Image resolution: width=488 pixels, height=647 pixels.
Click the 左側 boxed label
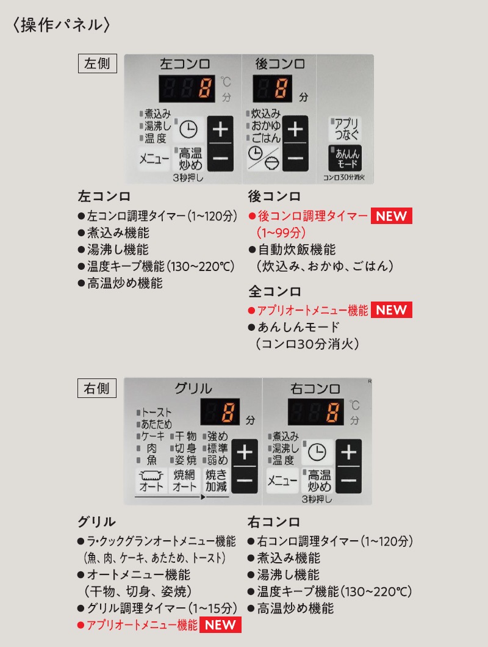[98, 63]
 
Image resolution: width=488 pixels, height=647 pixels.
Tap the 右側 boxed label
[97, 388]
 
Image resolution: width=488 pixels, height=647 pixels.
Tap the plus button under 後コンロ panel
[295, 129]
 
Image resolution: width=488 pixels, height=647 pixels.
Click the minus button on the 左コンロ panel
[220, 157]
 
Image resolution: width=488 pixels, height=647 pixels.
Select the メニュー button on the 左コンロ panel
[154, 159]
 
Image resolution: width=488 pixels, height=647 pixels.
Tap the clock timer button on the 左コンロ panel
[188, 130]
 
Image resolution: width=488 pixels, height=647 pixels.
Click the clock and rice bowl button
[264, 157]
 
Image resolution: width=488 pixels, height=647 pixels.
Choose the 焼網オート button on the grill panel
[184, 480]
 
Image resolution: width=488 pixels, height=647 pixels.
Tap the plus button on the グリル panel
[245, 453]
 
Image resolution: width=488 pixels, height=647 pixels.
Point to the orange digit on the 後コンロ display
[282, 89]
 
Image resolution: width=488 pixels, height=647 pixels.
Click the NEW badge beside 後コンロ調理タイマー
[391, 216]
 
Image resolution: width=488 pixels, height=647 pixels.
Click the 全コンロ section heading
[274, 292]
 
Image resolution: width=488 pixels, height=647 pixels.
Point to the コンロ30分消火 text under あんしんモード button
[343, 178]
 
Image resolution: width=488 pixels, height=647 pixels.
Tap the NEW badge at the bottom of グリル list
[220, 624]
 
